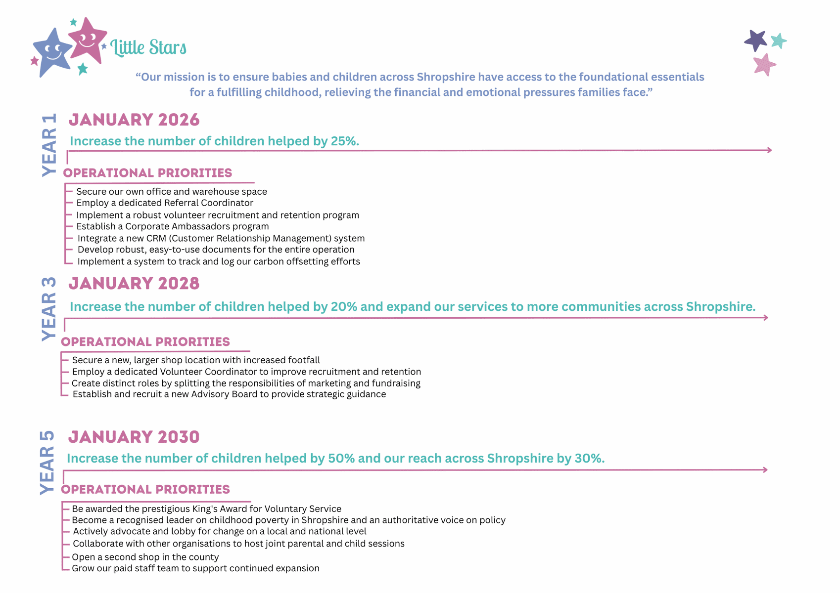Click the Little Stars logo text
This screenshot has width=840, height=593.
point(148,47)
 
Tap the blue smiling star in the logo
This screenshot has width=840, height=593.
point(52,51)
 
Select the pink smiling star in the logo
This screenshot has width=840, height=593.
point(88,40)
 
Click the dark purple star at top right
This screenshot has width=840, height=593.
point(755,40)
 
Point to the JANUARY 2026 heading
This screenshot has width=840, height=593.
point(134,120)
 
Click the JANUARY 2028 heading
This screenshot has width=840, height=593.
point(134,283)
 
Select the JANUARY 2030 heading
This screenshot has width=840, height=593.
point(134,437)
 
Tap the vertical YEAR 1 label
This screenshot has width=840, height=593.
point(49,145)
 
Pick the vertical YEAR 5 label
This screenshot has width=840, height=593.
point(47,462)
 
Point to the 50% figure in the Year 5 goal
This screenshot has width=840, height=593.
point(341,459)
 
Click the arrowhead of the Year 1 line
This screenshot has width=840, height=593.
point(769,150)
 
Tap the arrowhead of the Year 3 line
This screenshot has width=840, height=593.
point(766,317)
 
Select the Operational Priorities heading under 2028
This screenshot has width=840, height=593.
point(145,342)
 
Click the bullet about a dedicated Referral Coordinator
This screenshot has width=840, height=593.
point(165,203)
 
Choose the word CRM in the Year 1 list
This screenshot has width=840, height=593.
point(156,238)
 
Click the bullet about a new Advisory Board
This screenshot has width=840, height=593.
point(229,394)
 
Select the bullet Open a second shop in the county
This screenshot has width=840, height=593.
point(145,557)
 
